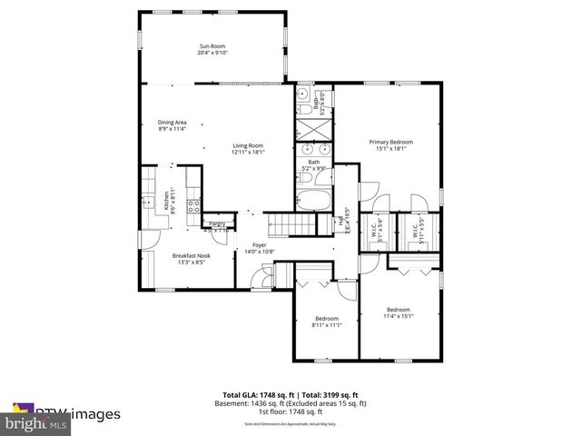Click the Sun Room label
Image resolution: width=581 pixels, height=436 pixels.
212,45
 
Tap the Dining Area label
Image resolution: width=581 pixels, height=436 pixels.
172,122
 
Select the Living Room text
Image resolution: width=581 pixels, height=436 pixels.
247,145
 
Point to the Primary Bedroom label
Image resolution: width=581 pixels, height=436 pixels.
390,142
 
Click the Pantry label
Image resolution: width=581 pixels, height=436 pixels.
217,223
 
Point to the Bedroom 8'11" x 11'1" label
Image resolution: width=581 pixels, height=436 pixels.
327,319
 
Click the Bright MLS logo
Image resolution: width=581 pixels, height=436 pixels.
36,423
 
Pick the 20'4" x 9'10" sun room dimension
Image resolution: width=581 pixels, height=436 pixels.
212,53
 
